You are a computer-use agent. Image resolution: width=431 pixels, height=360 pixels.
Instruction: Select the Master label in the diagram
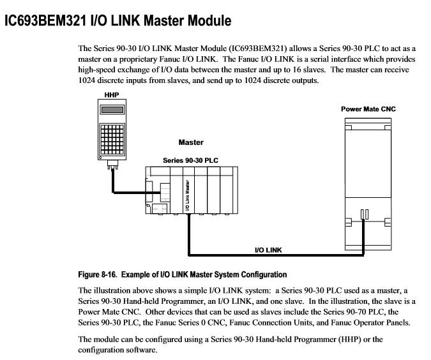[190, 142]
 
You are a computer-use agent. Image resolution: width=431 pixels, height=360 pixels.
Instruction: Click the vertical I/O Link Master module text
[187, 194]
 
